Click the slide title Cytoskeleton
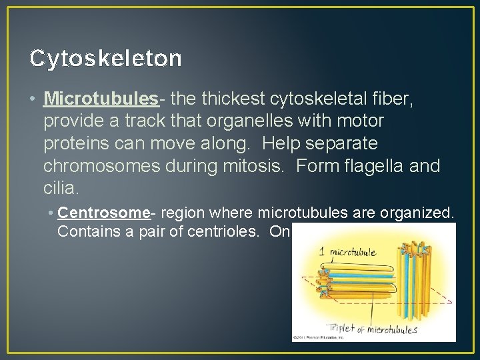pos(105,59)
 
